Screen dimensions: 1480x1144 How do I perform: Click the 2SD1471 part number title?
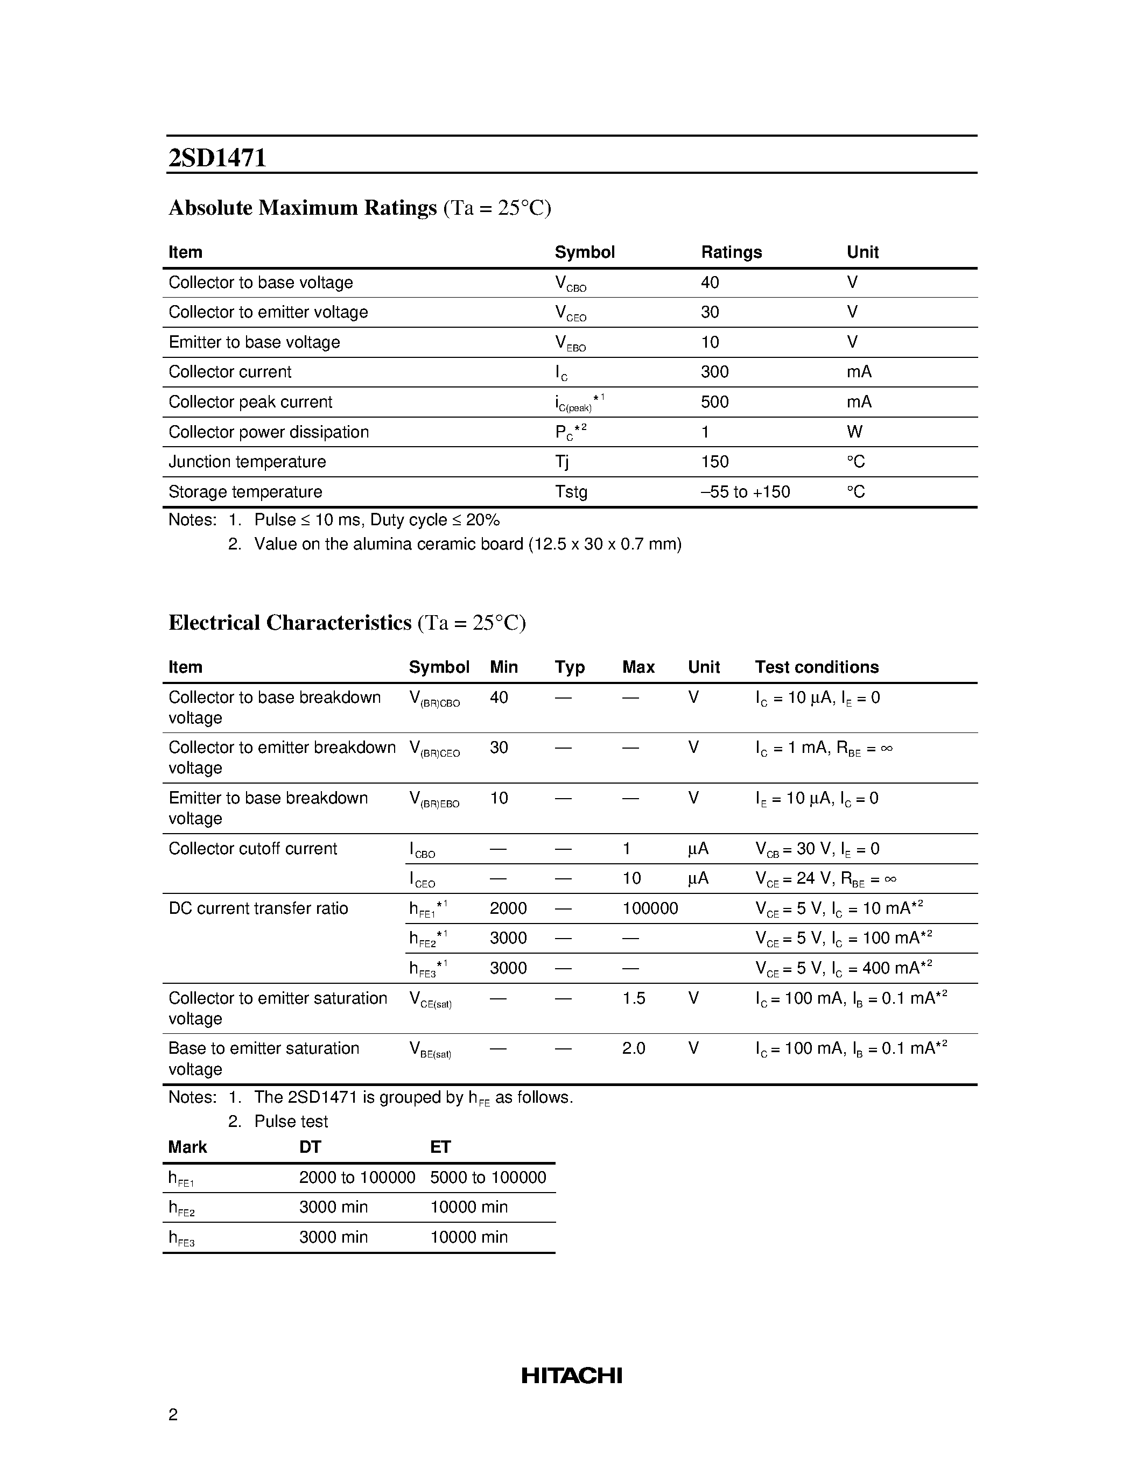(217, 158)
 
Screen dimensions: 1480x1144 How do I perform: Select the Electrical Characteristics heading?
(290, 622)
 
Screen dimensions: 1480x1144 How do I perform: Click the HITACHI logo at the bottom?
(571, 1375)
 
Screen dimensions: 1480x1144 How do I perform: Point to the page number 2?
(173, 1414)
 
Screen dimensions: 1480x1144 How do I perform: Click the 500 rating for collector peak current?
(714, 402)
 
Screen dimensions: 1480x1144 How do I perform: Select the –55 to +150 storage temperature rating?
(745, 491)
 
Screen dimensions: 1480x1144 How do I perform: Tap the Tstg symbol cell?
(571, 491)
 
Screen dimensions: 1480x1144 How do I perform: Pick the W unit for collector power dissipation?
(854, 432)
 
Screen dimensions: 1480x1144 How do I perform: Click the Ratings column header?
(731, 252)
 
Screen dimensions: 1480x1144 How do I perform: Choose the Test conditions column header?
(816, 667)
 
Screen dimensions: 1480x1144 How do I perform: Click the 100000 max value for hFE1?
(649, 908)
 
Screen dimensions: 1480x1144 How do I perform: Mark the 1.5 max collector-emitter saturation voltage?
(633, 998)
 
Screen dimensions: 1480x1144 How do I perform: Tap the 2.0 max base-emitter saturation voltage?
(633, 1048)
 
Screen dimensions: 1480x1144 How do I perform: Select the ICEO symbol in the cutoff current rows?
(422, 879)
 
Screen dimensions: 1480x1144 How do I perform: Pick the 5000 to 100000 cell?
(487, 1177)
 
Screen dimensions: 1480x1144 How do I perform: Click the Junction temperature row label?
(247, 461)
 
